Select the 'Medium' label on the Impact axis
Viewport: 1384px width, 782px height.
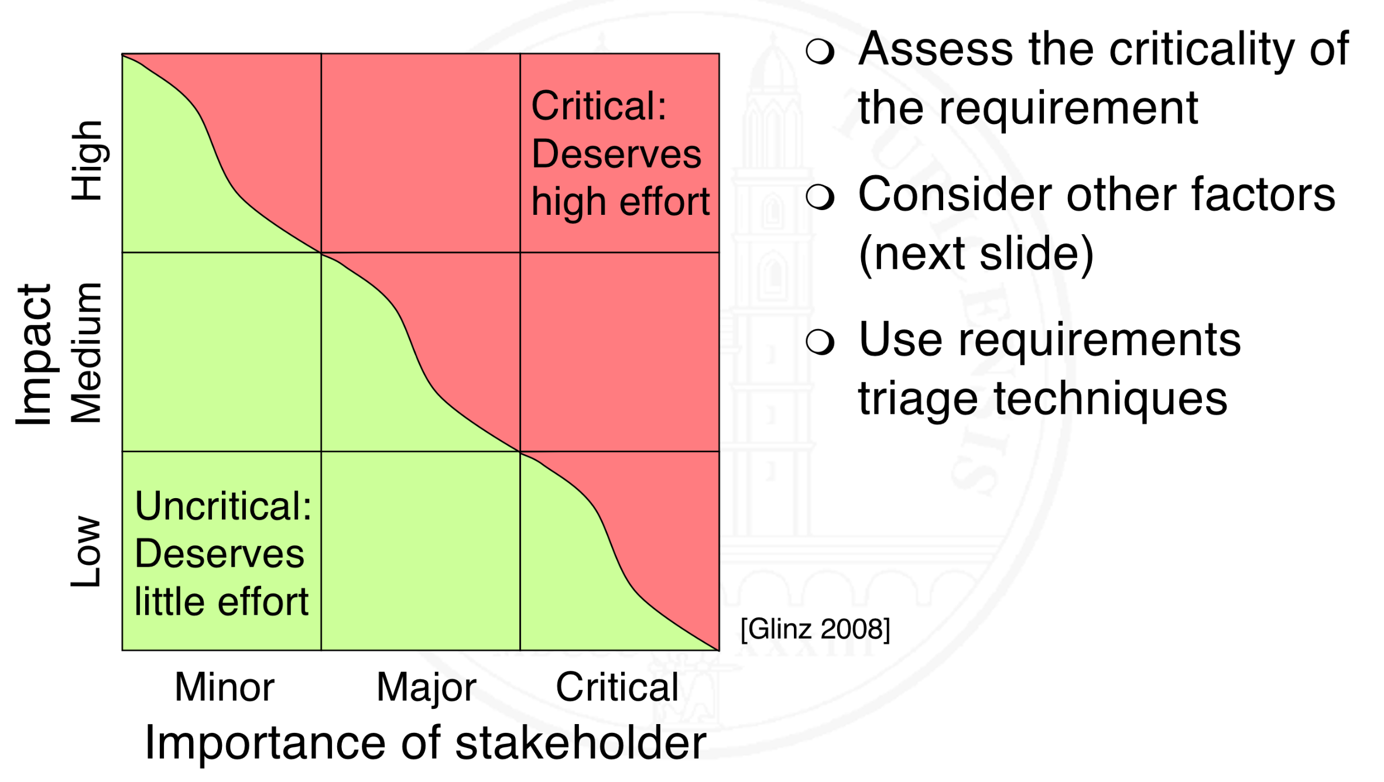click(86, 353)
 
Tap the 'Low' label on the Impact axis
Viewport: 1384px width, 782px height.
click(86, 551)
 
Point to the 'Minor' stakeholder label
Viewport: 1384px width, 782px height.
click(224, 687)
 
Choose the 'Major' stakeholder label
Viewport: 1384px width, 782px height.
click(426, 688)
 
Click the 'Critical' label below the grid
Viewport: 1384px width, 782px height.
click(617, 687)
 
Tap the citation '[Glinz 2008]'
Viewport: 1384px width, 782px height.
click(815, 629)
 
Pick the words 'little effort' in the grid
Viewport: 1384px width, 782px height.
click(221, 601)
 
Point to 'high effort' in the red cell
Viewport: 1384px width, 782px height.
click(621, 202)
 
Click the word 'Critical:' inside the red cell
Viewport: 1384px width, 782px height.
click(599, 106)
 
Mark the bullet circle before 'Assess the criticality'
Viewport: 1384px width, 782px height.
click(820, 51)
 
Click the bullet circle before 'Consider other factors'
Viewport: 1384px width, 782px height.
click(820, 197)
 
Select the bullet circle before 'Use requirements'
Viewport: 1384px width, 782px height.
click(820, 342)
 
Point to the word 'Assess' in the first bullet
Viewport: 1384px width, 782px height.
click(936, 49)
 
